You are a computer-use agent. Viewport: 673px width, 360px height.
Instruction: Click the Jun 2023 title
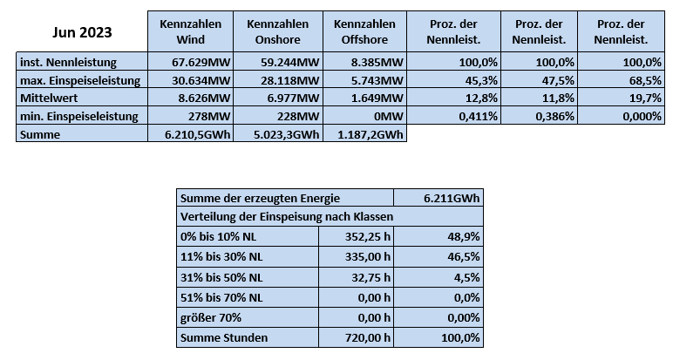coord(82,32)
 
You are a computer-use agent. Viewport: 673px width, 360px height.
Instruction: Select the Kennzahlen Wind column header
coord(191,31)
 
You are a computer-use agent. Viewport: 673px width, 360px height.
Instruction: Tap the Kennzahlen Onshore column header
coord(278,31)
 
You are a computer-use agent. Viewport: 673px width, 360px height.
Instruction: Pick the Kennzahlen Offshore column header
coord(364,31)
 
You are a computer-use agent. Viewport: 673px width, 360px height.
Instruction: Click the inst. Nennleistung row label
coord(68,62)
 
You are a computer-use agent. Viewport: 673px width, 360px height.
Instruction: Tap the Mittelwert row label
coord(49,98)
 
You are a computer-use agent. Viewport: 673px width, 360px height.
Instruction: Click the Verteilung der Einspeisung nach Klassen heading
coord(287,217)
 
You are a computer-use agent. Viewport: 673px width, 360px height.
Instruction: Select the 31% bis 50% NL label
coord(221,277)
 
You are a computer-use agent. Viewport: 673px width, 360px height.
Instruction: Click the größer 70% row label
coord(211,318)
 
